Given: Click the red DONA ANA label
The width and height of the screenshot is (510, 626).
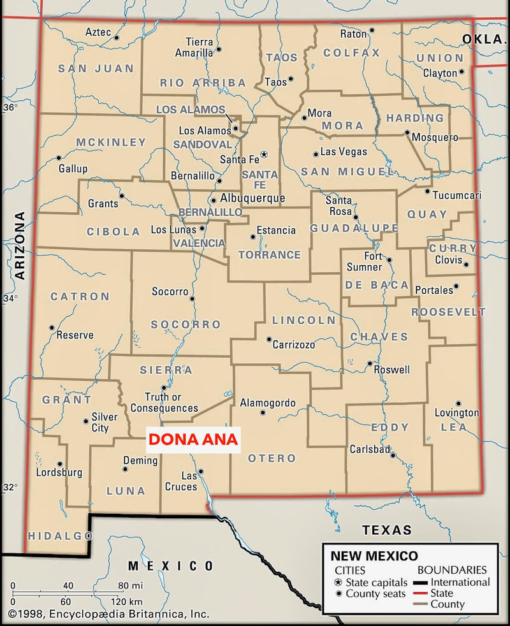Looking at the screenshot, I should coord(193,439).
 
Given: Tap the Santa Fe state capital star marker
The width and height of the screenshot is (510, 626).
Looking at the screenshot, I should coord(265,154).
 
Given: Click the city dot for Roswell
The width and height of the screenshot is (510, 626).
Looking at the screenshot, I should coord(369,364).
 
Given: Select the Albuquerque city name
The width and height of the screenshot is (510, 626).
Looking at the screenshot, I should coord(252,198).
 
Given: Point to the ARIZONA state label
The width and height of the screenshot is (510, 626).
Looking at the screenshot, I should coord(20,245).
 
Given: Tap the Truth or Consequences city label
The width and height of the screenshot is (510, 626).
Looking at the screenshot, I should coord(164,402).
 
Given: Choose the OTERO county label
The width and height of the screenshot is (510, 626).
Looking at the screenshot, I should coord(272,458).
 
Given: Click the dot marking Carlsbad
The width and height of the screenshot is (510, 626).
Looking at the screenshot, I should coord(393,455).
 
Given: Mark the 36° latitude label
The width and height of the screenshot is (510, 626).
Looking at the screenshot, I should coord(10,107).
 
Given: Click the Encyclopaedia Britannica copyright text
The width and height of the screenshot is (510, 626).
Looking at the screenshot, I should coord(108,615).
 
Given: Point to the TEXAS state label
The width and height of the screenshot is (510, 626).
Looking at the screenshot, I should coord(387,530).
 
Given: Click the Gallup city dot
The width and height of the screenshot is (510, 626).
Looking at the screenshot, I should coord(59,157).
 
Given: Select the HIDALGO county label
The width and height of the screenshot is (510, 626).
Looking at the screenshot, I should coord(56,535).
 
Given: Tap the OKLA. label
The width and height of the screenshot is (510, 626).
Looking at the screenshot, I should coord(483,39).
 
